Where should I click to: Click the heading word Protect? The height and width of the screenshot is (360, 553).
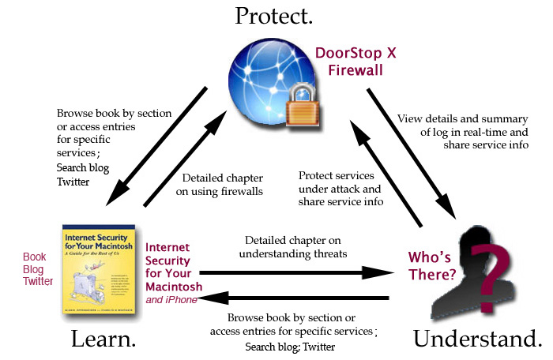click(x=277, y=17)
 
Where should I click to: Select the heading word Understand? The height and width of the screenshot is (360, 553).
click(x=478, y=339)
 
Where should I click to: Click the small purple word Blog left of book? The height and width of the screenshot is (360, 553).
click(x=35, y=269)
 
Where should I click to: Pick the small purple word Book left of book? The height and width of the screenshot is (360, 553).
click(x=35, y=257)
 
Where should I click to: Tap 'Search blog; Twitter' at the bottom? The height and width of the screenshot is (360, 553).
click(x=290, y=347)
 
